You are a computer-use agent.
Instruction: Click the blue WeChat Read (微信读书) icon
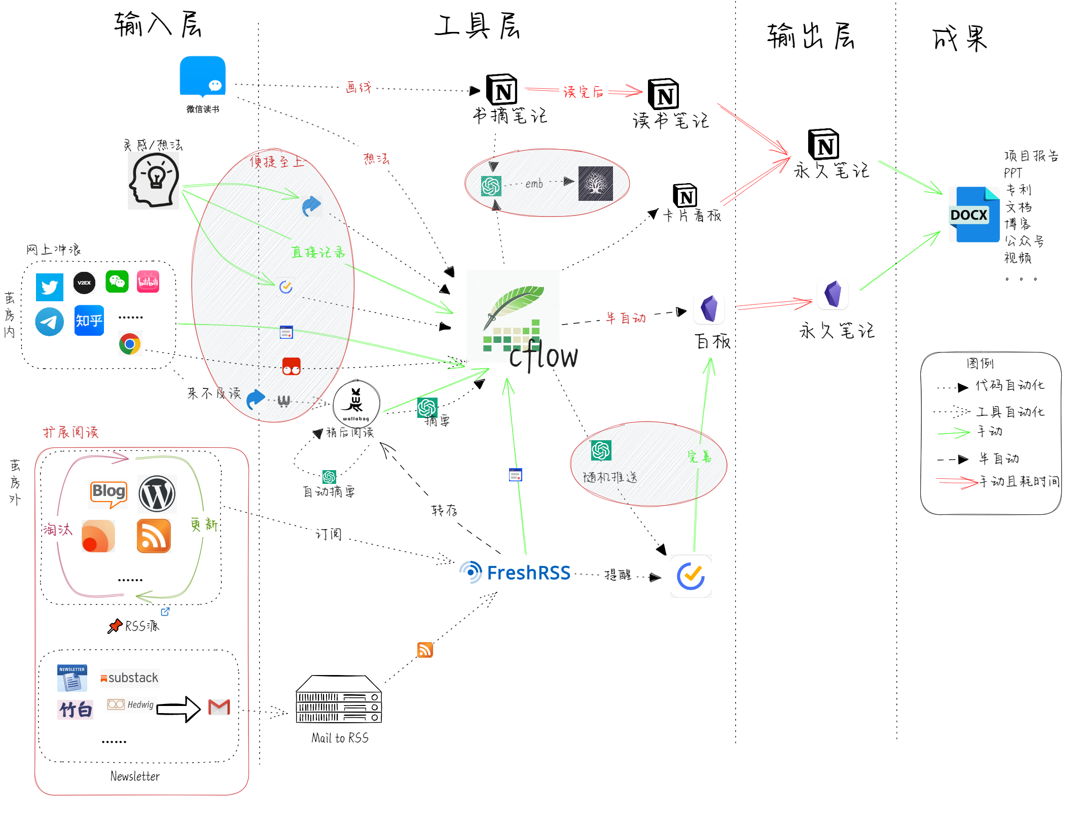click(202, 76)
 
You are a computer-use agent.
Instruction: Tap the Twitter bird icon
click(50, 287)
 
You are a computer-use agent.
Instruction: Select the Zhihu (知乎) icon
click(89, 321)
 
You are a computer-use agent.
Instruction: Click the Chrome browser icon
click(130, 344)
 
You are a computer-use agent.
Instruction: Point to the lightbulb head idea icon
click(154, 181)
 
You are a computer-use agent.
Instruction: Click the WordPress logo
click(157, 493)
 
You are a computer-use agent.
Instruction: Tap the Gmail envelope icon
click(219, 706)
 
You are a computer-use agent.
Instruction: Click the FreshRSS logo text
click(528, 573)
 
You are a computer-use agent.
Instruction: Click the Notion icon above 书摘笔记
click(501, 90)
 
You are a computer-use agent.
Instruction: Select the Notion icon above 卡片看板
click(685, 196)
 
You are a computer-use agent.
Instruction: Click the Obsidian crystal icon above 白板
click(709, 308)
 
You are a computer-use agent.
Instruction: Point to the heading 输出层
click(810, 37)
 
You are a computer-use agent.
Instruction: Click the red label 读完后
click(583, 92)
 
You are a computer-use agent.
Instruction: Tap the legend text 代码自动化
click(1009, 385)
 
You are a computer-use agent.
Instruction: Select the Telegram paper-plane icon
click(50, 322)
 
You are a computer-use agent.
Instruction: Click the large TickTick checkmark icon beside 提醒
click(691, 576)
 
